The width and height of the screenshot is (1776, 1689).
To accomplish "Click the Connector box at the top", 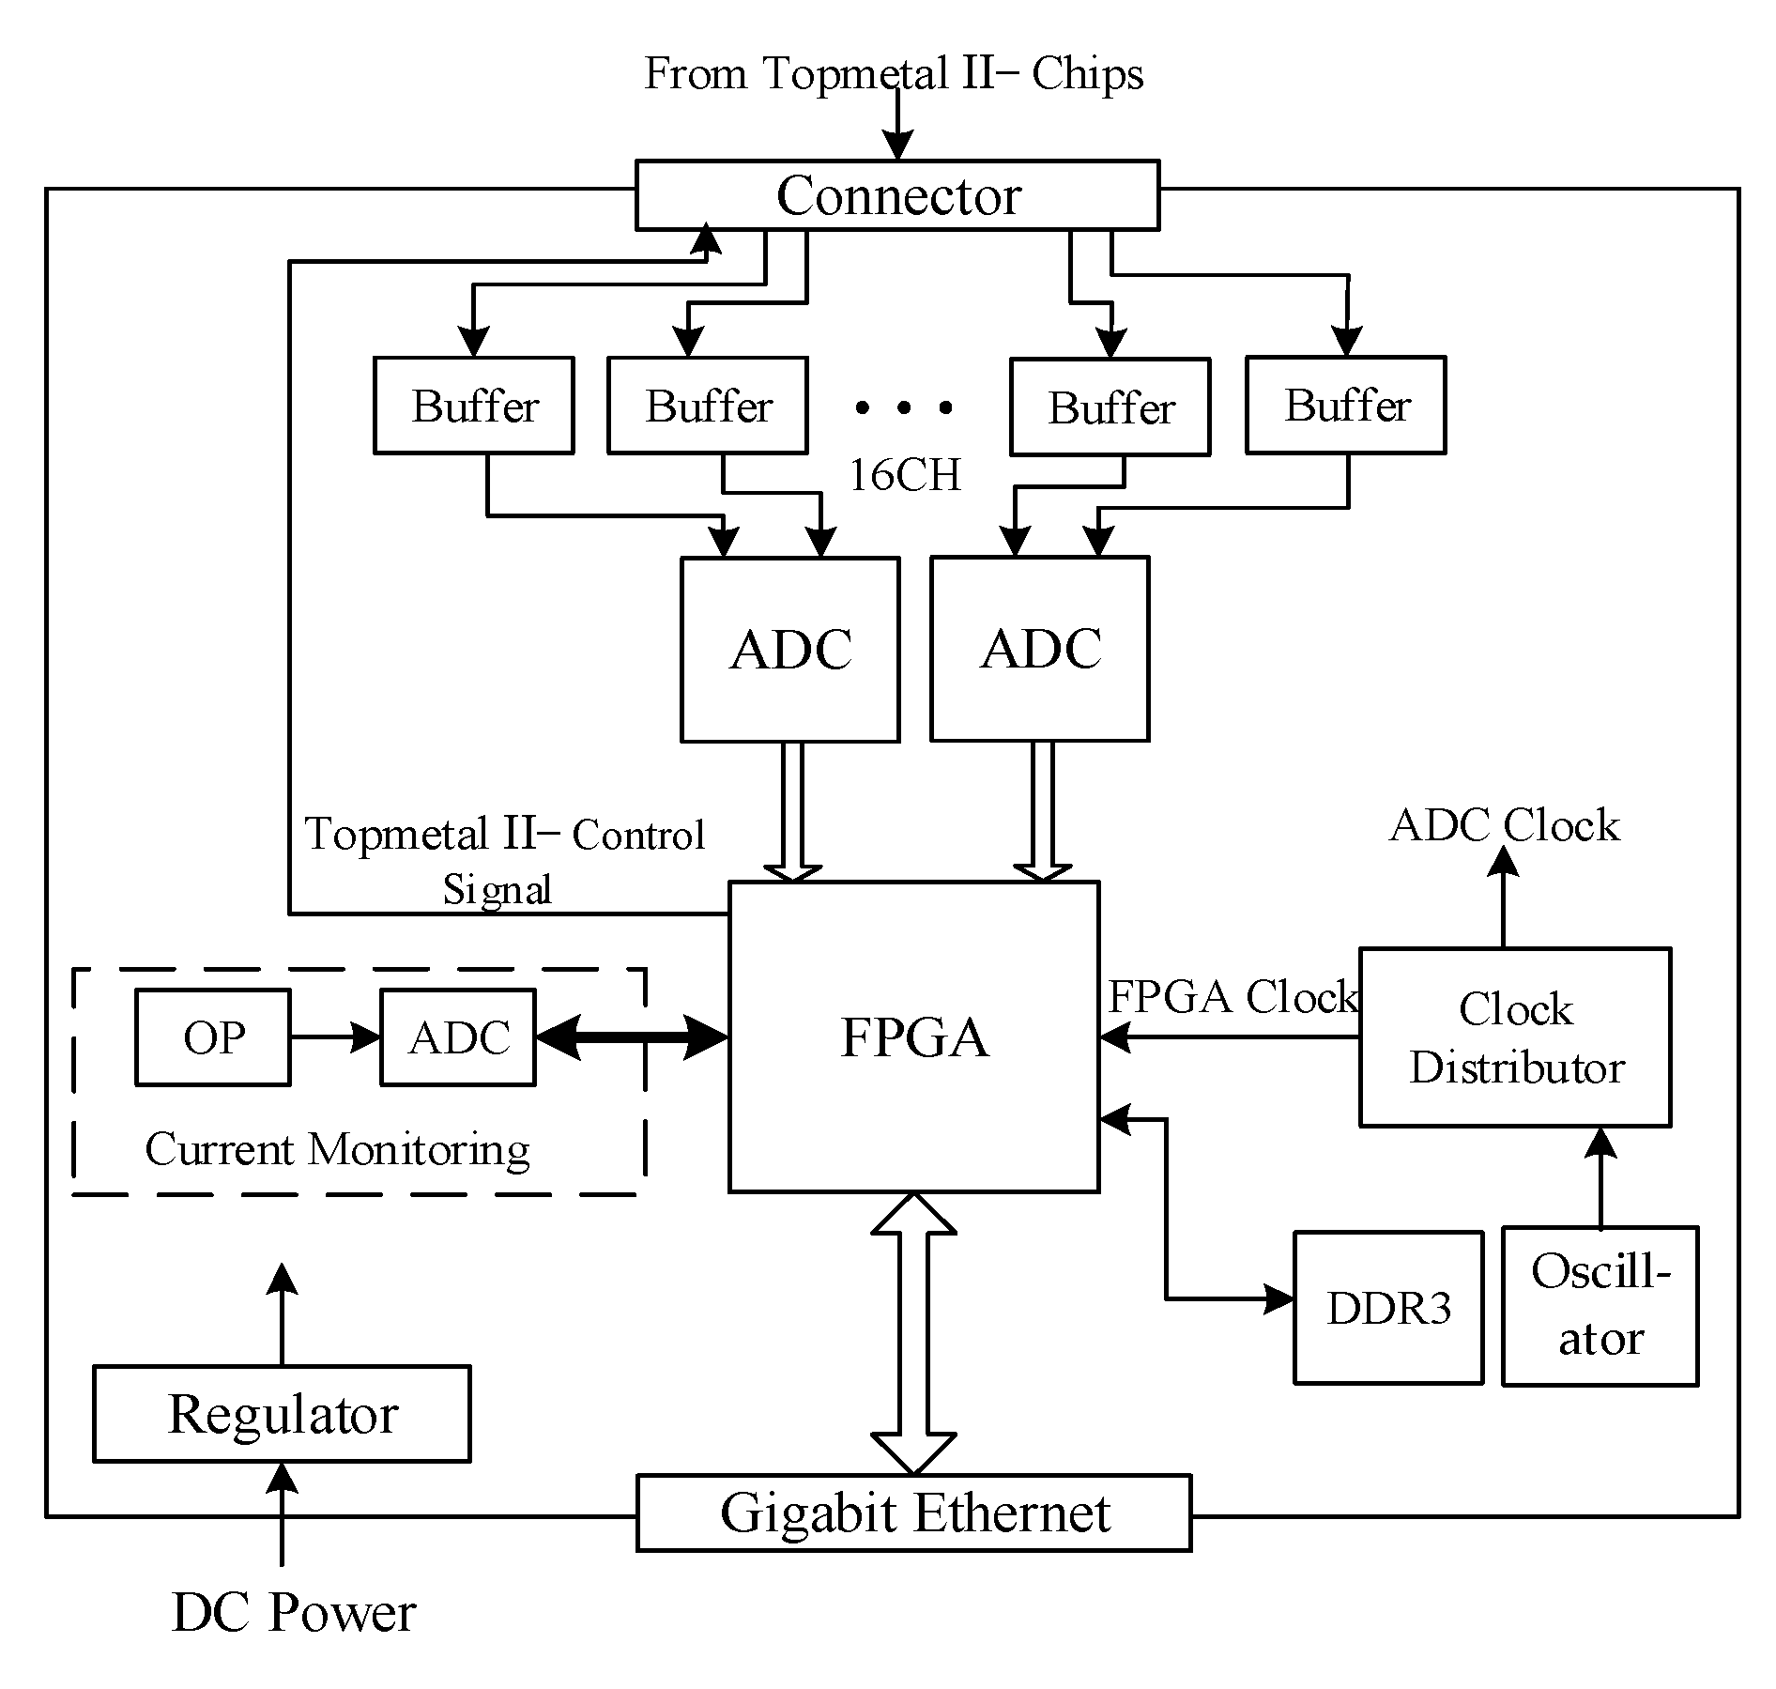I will pyautogui.click(x=896, y=195).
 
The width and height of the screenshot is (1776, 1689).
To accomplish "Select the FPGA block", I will pyautogui.click(x=913, y=1037).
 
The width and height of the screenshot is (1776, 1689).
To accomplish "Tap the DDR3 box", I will pyautogui.click(x=1387, y=1308).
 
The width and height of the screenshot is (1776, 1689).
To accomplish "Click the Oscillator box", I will pyautogui.click(x=1600, y=1306).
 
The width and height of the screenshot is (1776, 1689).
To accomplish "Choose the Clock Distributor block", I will pyautogui.click(x=1514, y=1037).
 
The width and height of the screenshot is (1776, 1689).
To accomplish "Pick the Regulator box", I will pyautogui.click(x=282, y=1414).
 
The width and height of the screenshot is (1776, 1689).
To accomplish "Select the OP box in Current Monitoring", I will pyautogui.click(x=213, y=1037).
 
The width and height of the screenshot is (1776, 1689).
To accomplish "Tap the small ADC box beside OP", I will pyautogui.click(x=458, y=1037).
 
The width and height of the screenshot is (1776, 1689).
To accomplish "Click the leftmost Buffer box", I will pyautogui.click(x=474, y=406).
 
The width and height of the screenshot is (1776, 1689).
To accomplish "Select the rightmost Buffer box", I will pyautogui.click(x=1345, y=406).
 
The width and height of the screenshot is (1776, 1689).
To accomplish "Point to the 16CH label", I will pyautogui.click(x=904, y=475).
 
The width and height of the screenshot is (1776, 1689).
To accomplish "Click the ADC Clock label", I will pyautogui.click(x=1504, y=825).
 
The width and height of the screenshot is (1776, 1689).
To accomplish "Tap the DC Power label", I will pyautogui.click(x=293, y=1612).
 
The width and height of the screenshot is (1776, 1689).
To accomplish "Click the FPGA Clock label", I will pyautogui.click(x=1232, y=996).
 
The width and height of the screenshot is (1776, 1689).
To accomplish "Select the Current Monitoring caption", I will pyautogui.click(x=337, y=1149).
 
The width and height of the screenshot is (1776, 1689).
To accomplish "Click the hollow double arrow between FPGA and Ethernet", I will pyautogui.click(x=913, y=1332).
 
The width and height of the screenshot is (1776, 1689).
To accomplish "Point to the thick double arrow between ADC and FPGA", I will pyautogui.click(x=632, y=1037).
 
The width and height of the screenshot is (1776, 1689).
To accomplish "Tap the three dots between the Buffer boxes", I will pyautogui.click(x=903, y=407).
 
